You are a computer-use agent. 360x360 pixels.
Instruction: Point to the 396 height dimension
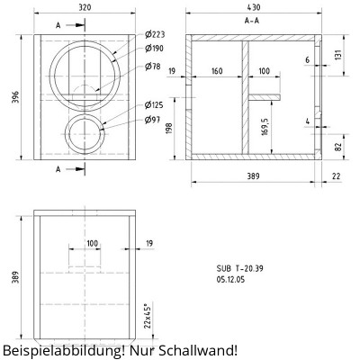pos(13,96)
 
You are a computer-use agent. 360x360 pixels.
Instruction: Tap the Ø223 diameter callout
pos(154,35)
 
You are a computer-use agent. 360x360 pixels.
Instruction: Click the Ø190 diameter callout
pos(154,48)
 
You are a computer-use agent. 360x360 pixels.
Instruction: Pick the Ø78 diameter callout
pos(152,67)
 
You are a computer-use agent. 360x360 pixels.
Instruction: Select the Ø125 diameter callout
pos(154,105)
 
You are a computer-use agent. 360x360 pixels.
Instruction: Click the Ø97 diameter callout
pos(152,119)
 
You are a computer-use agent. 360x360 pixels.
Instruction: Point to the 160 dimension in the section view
pos(216,70)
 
